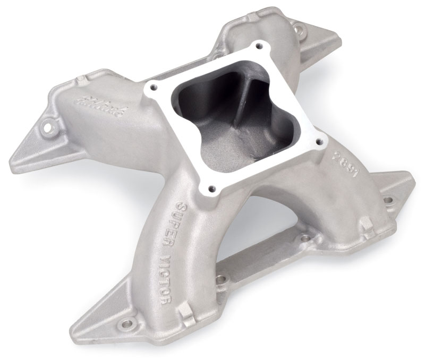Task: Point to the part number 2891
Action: click(x=337, y=165)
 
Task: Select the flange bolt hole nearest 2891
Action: click(x=320, y=142)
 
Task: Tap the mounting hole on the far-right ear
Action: click(x=387, y=200)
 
